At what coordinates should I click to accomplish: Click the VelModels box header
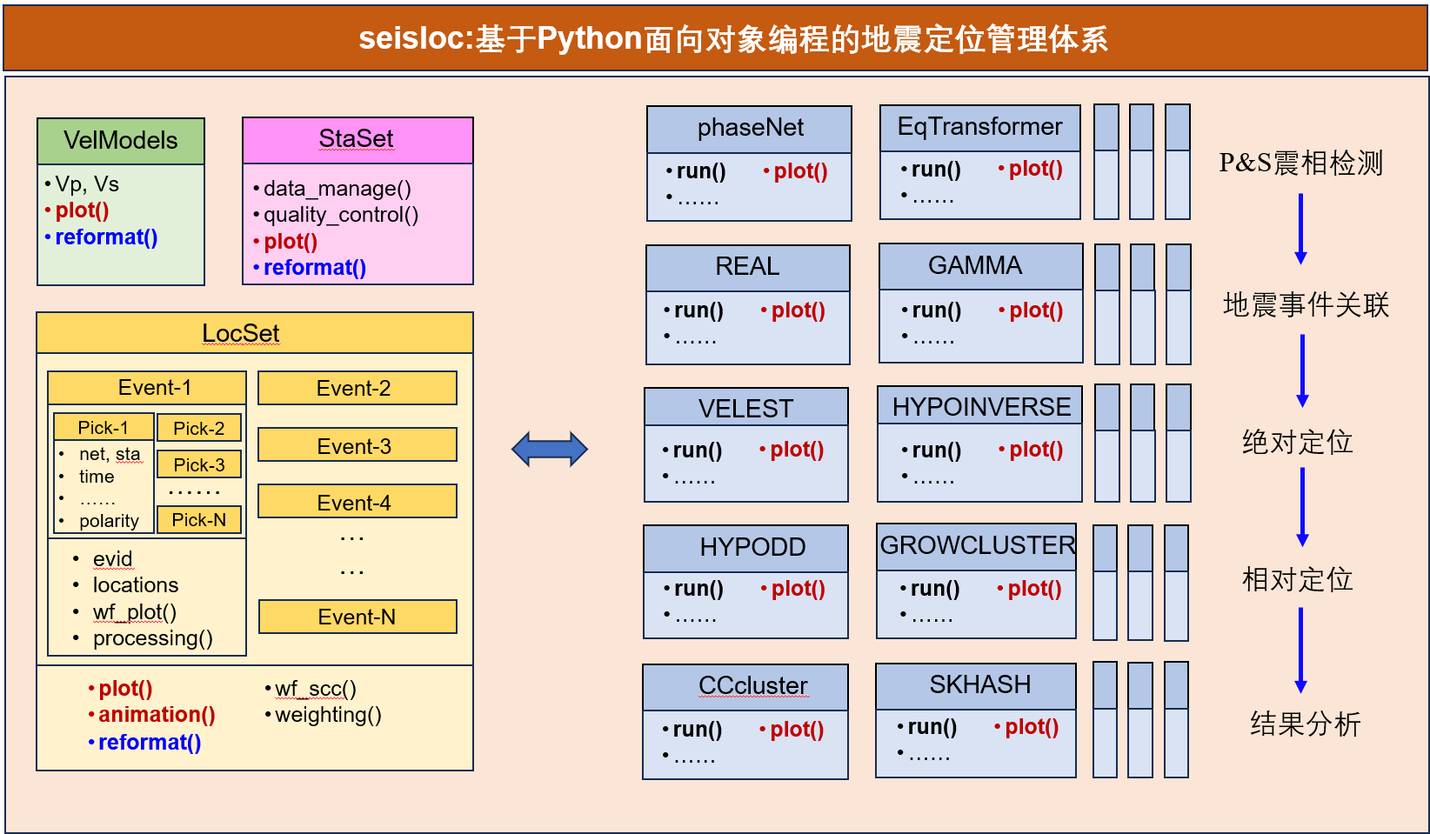[x=121, y=141]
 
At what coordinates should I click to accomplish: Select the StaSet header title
[x=356, y=138]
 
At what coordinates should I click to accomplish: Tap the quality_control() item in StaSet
[x=341, y=215]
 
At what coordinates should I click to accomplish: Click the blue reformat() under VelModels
[x=106, y=237]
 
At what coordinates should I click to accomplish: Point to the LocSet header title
[x=241, y=333]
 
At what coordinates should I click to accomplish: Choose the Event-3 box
[x=357, y=444]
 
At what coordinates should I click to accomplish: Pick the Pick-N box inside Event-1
[x=198, y=519]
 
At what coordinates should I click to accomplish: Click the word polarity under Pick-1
[x=109, y=521]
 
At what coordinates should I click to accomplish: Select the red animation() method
[x=157, y=715]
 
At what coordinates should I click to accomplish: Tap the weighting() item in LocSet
[x=328, y=715]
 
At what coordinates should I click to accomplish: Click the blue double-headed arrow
[x=550, y=450]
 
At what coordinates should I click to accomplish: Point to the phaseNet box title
[x=750, y=128]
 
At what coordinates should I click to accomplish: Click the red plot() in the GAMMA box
[x=1035, y=310]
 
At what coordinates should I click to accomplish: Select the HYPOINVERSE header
[x=980, y=406]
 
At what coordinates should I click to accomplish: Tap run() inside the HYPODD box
[x=698, y=589]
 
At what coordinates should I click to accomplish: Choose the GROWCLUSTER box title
[x=977, y=545]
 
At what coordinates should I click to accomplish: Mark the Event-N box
[x=357, y=617]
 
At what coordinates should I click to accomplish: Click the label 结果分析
[x=1305, y=725]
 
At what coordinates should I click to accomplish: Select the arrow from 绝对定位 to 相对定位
[x=1302, y=507]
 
